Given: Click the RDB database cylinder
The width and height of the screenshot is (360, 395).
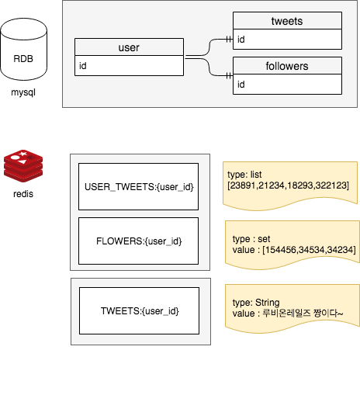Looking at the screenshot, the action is [x=23, y=49].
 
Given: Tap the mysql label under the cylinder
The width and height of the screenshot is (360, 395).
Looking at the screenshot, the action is [x=23, y=92].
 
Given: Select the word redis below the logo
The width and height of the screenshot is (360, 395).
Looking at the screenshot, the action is [x=23, y=194].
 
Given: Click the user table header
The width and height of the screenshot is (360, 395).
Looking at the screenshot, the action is [x=129, y=47].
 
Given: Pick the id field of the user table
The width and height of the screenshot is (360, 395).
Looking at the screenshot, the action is [x=129, y=66].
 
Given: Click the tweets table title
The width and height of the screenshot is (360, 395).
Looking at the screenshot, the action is [x=287, y=21].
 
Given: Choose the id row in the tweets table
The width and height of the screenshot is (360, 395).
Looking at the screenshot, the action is [x=287, y=39].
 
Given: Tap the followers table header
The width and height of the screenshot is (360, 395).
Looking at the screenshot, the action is [x=287, y=66].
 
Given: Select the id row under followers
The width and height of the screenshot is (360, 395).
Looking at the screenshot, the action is [x=287, y=85].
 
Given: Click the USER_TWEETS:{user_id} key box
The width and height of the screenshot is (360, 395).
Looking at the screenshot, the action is [x=138, y=186].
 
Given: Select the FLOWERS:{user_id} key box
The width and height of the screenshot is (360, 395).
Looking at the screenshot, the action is [x=138, y=241].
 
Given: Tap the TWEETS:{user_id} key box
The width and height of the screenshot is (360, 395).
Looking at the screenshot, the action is [x=139, y=310].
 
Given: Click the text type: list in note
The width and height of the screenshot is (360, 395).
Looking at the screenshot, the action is [x=244, y=175].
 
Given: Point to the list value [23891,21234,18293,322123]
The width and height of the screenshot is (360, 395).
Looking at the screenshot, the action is [x=288, y=185].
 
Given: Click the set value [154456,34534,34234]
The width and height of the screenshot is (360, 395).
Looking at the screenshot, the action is [x=309, y=250].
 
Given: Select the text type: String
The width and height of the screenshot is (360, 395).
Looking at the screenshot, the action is [x=256, y=303].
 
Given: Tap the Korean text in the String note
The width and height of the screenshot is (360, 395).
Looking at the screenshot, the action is [x=303, y=314].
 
